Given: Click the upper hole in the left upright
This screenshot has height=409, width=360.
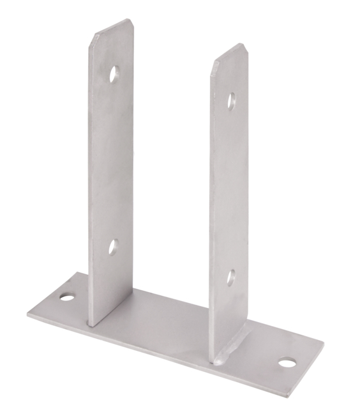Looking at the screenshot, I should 114,74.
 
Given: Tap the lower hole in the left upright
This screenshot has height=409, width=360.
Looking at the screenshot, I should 113,247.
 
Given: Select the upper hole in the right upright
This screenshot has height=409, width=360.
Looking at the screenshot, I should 231,101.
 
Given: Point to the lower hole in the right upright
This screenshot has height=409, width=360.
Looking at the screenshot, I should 231,277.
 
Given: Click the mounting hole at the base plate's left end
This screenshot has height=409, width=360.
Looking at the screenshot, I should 67,297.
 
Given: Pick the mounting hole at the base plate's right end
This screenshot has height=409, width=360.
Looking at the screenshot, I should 287,363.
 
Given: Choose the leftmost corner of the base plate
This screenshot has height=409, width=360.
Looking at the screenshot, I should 28,314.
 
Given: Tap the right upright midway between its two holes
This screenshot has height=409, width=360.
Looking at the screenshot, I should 230,189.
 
